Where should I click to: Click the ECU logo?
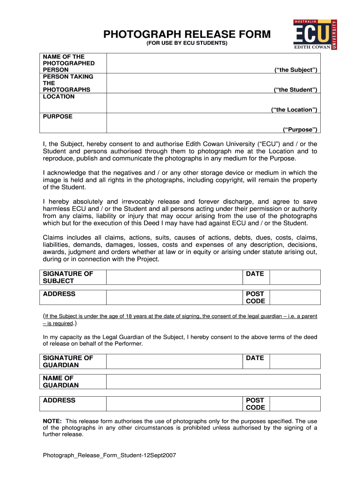click(x=315, y=34)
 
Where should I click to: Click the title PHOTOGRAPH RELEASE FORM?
click(x=187, y=34)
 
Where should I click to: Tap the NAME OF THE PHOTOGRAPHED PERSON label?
click(x=69, y=63)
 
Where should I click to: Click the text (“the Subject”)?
click(x=295, y=70)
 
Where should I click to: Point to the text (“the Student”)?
click(x=295, y=89)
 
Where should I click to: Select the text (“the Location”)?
click(x=294, y=109)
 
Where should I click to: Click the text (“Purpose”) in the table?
click(x=300, y=129)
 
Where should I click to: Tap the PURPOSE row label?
click(x=58, y=116)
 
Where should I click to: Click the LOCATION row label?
click(x=58, y=96)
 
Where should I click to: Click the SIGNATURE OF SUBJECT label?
click(x=68, y=277)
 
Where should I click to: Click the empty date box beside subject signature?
click(x=295, y=277)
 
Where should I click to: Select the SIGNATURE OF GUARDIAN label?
click(x=68, y=361)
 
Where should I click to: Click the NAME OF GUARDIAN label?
click(x=61, y=381)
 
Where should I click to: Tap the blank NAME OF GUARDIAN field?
click(x=213, y=381)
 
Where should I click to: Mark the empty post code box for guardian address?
click(x=295, y=404)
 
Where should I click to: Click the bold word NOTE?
click(x=52, y=421)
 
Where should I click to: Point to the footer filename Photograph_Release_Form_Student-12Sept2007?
click(x=109, y=455)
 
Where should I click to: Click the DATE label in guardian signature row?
click(x=255, y=358)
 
